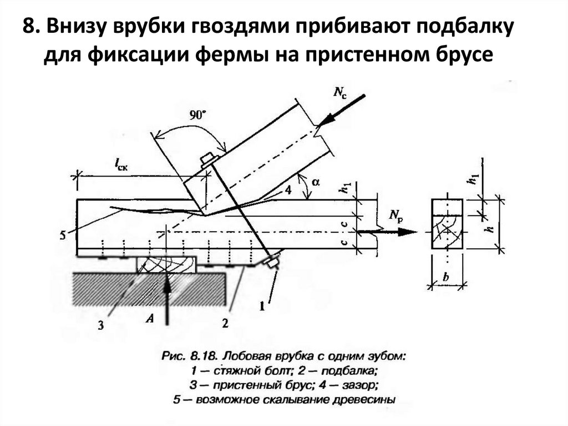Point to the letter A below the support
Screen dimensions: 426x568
[148, 318]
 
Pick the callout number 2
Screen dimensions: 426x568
[225, 323]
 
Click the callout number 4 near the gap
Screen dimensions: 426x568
[288, 191]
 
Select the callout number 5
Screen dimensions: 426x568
[62, 235]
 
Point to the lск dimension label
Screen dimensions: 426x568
[121, 164]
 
